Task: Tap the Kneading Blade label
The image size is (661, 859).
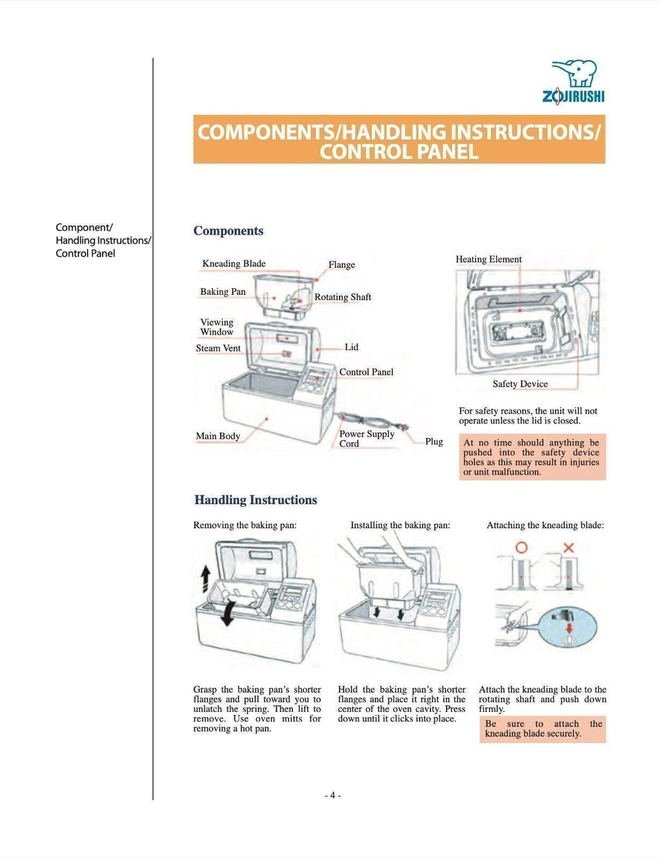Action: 234,264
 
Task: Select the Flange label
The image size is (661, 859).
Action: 341,265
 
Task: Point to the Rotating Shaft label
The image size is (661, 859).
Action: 343,297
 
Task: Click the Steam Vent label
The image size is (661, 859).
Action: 218,348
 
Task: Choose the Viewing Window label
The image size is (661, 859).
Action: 217,327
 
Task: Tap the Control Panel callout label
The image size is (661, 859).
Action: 366,372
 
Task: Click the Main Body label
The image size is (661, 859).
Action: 218,437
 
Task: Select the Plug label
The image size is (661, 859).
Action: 434,442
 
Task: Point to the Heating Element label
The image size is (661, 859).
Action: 489,259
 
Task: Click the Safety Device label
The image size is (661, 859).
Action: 520,384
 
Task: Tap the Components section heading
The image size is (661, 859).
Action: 229,231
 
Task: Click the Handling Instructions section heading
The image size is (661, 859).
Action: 256,500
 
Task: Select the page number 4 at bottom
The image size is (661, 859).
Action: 332,795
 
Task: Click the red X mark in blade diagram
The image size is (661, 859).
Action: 569,548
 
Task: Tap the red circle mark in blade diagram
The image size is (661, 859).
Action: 521,548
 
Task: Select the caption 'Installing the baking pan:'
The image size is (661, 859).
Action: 400,526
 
